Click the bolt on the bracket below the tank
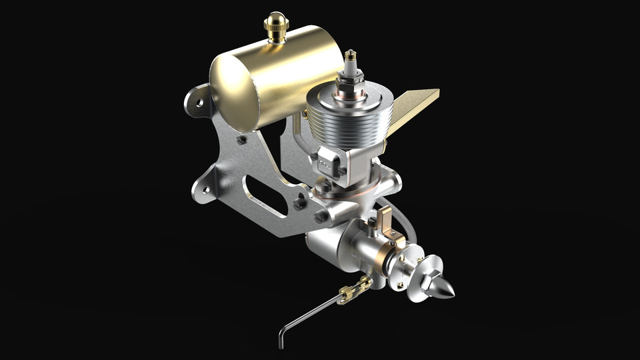(241, 140)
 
